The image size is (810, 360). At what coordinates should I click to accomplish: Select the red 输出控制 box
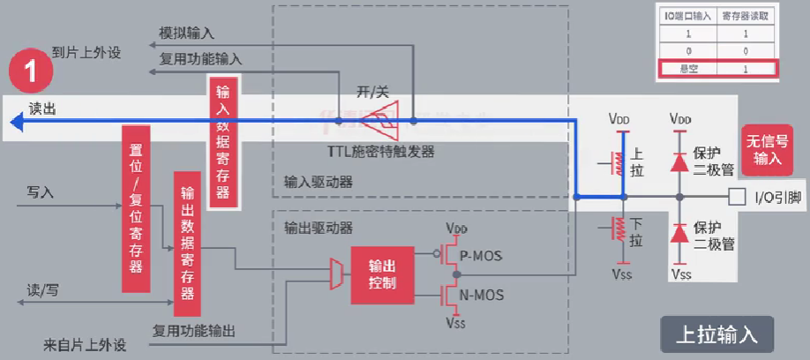pyautogui.click(x=382, y=274)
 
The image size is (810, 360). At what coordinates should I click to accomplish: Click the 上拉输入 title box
pyautogui.click(x=716, y=335)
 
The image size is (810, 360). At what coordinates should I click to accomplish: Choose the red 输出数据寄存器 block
pyautogui.click(x=188, y=244)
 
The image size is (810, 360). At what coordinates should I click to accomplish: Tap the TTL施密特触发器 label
pyautogui.click(x=381, y=152)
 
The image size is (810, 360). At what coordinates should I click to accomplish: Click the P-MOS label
pyautogui.click(x=482, y=256)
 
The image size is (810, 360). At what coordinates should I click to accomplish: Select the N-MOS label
pyautogui.click(x=482, y=295)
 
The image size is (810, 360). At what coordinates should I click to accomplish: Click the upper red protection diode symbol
pyautogui.click(x=679, y=161)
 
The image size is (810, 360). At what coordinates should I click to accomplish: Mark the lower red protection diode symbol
pyautogui.click(x=679, y=235)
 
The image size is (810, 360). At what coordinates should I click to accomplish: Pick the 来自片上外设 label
pyautogui.click(x=84, y=342)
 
